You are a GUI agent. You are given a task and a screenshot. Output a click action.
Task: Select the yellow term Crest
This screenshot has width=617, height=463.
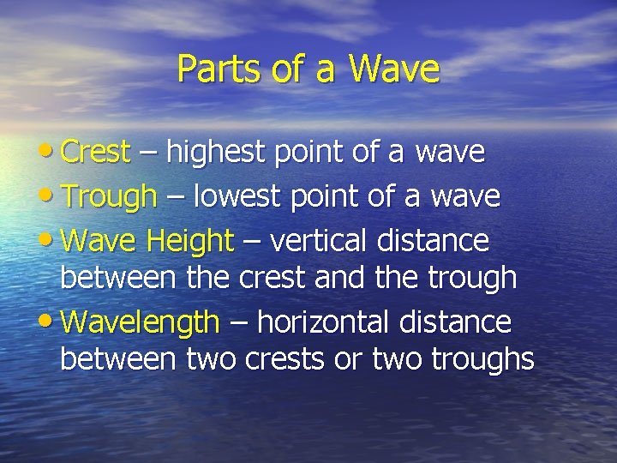[x=96, y=153]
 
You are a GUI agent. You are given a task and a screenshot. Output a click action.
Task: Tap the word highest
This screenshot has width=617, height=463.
[x=219, y=153]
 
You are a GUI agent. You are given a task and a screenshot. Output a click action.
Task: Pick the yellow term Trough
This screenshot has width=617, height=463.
[x=110, y=196]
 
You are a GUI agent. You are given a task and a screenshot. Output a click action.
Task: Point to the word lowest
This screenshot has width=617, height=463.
[x=238, y=196]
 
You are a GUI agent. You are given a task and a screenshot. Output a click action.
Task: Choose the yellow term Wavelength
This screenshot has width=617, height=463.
[x=141, y=322]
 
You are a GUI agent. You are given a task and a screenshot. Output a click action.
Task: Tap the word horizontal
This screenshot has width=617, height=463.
[x=322, y=322]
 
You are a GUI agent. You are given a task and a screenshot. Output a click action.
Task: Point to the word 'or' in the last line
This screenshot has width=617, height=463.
[x=348, y=360]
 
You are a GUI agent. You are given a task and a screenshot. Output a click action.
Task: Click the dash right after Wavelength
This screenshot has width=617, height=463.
[x=238, y=324]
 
